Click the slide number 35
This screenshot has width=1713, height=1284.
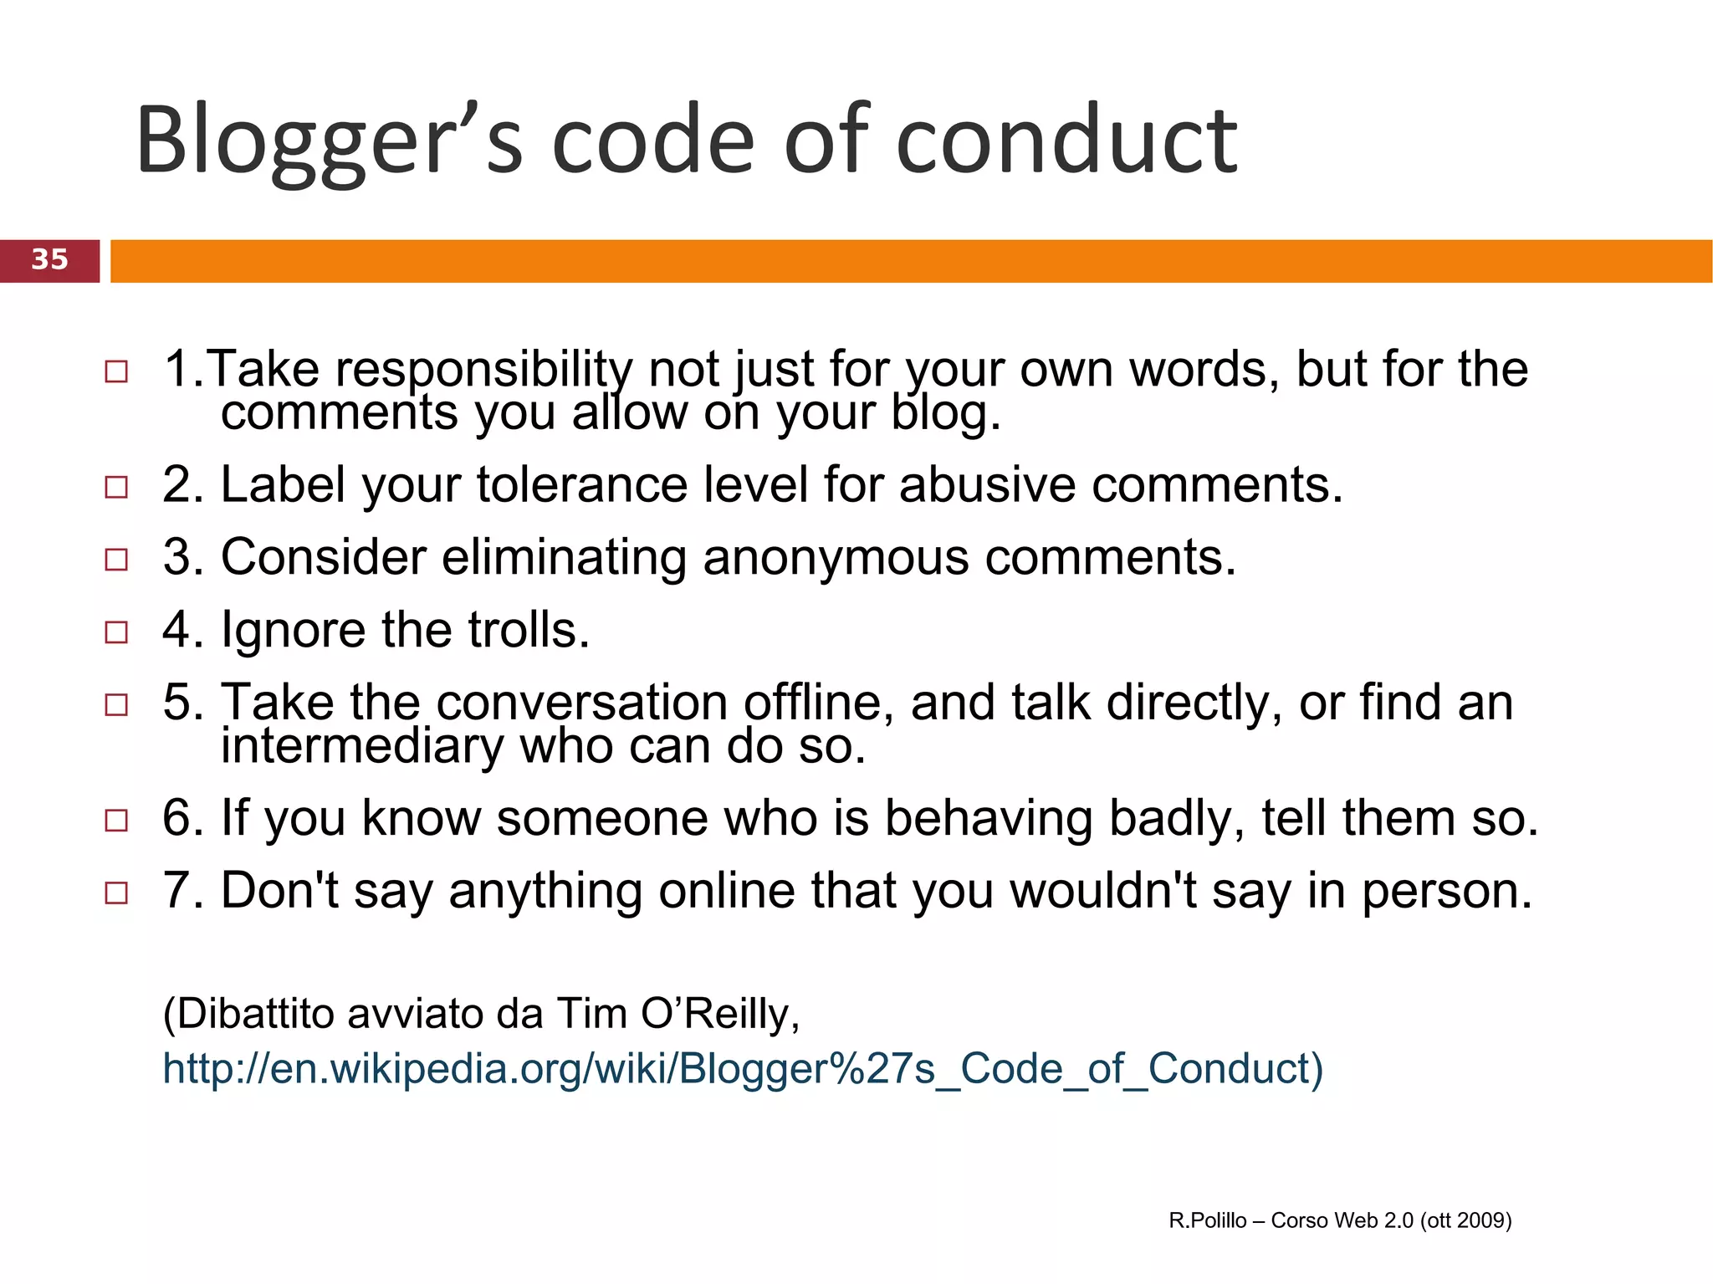(49, 259)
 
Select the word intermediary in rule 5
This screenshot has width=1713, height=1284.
(361, 746)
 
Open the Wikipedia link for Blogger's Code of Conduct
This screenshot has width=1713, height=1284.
(742, 1069)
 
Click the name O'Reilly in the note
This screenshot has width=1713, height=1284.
(719, 1014)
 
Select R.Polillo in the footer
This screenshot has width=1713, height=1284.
(1207, 1220)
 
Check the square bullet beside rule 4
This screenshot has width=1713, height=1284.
(116, 632)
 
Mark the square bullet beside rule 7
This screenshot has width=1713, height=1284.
(116, 893)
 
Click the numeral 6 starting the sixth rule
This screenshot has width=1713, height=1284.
(176, 818)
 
